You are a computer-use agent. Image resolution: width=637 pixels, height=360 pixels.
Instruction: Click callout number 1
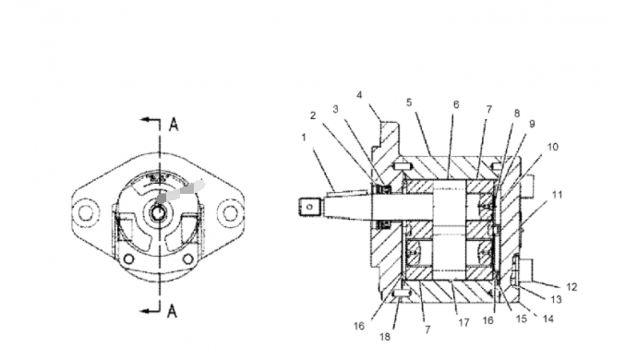point(304,138)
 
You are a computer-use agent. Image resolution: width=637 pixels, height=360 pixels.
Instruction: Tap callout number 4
point(359,95)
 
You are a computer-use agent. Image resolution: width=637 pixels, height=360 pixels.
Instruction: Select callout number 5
point(409,102)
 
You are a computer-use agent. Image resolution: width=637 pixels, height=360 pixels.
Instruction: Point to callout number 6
point(456,105)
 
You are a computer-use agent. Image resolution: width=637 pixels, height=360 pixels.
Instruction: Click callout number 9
point(532,124)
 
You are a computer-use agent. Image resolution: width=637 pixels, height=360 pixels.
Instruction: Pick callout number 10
point(553,147)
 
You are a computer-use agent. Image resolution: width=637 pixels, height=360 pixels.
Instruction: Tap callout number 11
point(558,195)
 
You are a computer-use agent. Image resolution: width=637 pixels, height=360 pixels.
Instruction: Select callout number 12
point(571,287)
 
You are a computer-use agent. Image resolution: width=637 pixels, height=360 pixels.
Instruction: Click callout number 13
point(556,299)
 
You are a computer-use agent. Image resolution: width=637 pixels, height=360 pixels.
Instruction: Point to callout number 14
point(548,319)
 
